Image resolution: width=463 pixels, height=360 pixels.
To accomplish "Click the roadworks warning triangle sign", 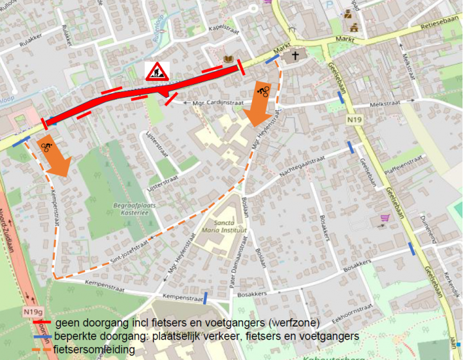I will point(156,71).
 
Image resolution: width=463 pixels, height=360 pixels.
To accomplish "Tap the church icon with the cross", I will point(296,56).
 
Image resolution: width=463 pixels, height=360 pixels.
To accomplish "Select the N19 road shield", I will point(352,120).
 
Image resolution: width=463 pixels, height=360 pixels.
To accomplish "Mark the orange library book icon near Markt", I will point(228,60).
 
